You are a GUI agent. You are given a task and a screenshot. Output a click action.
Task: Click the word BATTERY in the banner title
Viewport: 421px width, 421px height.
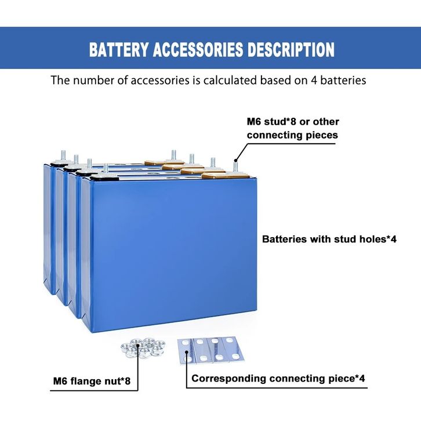coord(119,49)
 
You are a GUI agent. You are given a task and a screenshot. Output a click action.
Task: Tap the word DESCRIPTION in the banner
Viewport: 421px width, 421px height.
coord(291,49)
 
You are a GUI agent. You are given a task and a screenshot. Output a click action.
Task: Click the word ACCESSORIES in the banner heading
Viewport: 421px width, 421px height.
coord(198,49)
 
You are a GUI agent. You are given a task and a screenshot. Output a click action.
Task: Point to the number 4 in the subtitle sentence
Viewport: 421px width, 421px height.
coord(314,81)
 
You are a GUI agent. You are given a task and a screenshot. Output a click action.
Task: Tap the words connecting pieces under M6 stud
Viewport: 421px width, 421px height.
coord(292,135)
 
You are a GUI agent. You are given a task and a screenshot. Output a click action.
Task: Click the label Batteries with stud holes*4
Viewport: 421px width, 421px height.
coord(329,239)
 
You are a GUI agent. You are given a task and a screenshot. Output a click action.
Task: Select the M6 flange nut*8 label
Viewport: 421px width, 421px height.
coord(92,381)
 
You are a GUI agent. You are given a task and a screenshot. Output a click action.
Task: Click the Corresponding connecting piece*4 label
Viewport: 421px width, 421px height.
coord(278,378)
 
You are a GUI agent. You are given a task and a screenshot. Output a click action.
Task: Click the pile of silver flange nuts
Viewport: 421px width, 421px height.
coord(143,348)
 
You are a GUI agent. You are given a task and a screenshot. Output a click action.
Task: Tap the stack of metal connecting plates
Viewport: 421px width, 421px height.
coord(211,350)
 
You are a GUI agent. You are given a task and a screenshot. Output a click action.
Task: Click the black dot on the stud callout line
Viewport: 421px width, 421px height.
coord(235,161)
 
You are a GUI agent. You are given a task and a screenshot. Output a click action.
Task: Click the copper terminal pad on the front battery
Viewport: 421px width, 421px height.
coord(225,176)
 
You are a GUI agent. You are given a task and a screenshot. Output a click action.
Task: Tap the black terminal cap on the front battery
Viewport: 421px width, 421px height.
coord(104,177)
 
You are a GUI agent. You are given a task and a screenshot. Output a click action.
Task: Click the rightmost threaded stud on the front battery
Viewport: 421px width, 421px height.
coord(235,166)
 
